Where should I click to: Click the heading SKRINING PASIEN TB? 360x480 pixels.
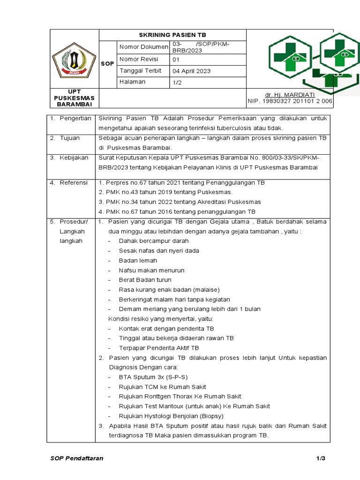pos(172,35)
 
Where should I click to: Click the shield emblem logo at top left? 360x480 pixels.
pos(74,60)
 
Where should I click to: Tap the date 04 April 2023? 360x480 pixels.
pos(192,71)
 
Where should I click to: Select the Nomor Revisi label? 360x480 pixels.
pos(139,59)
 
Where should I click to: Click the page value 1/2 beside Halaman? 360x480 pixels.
pos(179,82)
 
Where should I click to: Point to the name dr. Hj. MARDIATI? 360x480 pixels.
pos(289,94)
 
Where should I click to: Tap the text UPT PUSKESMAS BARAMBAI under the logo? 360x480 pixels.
pos(74,97)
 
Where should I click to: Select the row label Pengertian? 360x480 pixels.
pos(75,118)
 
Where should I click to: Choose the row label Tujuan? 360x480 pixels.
pos(69,138)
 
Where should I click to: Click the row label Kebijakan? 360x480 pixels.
pos(74,157)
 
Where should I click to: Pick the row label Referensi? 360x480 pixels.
pos(73,182)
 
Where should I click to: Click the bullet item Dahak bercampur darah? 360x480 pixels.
pos(154,241)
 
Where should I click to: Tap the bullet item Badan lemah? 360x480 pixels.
pos(138,261)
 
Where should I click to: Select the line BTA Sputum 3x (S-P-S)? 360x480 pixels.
pos(153,377)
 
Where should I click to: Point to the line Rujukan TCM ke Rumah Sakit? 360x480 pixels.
pos(162,387)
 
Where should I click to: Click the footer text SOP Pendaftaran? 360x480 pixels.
pos(77,458)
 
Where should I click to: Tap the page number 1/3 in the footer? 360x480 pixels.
pos(320,458)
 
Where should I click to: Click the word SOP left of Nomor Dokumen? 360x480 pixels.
pos(107,63)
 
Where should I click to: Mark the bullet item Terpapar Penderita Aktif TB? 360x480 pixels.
pos(159,348)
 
